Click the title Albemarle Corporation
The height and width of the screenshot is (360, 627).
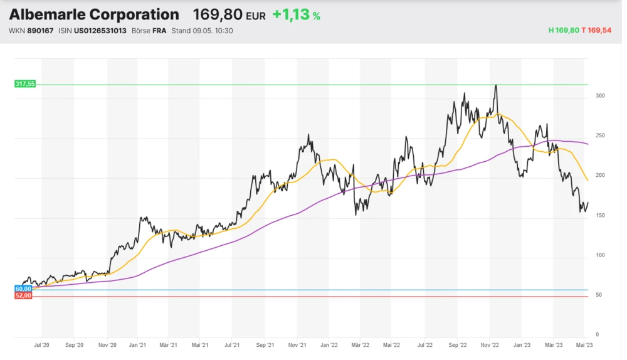tap(93, 14)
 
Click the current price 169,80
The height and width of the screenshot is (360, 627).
tap(217, 14)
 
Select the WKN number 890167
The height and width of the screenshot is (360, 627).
tap(40, 31)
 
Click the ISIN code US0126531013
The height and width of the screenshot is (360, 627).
tap(100, 31)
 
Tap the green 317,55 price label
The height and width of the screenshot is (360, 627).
tap(25, 84)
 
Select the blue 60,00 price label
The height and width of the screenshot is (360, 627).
tap(23, 289)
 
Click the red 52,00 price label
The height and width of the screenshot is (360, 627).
tap(23, 295)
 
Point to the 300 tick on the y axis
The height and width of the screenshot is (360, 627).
tap(600, 96)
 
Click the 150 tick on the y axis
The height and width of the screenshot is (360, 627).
tap(600, 216)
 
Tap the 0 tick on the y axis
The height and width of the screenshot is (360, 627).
tap(597, 335)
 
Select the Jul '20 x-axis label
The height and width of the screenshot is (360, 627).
tap(42, 345)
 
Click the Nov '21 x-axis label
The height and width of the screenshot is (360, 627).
tap(297, 345)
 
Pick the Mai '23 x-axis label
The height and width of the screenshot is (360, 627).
tap(584, 345)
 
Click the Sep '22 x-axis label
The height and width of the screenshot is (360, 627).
tap(458, 345)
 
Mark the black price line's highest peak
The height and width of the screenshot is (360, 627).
tap(496, 85)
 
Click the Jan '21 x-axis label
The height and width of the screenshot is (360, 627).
tap(138, 345)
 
